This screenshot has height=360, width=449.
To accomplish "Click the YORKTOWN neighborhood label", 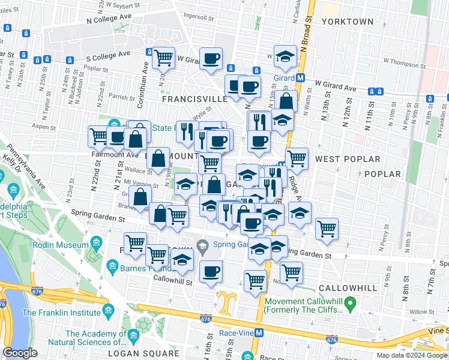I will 347,22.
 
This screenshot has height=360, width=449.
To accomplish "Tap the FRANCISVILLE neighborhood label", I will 194,98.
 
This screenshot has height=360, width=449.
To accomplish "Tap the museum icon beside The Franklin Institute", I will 108,311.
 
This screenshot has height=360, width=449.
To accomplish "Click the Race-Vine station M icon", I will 259,332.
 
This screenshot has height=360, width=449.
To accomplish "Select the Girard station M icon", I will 301,78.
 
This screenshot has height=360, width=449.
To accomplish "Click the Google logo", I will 20,353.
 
